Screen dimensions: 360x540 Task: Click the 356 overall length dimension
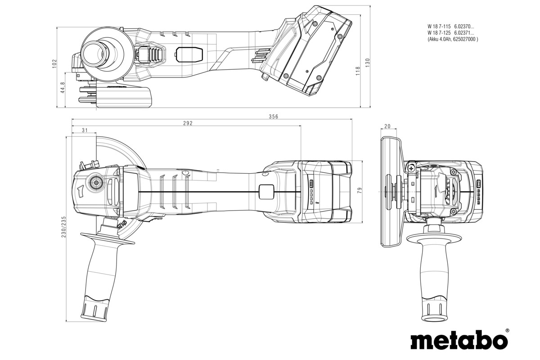click(x=274, y=117)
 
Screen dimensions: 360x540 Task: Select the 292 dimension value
click(x=188, y=123)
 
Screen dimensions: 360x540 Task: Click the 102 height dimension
click(x=54, y=63)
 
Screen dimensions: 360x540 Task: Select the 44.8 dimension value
click(x=63, y=87)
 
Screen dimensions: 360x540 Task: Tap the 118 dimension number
click(x=358, y=71)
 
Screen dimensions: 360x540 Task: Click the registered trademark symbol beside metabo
click(x=507, y=330)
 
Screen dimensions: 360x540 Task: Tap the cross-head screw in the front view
click(x=412, y=167)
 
